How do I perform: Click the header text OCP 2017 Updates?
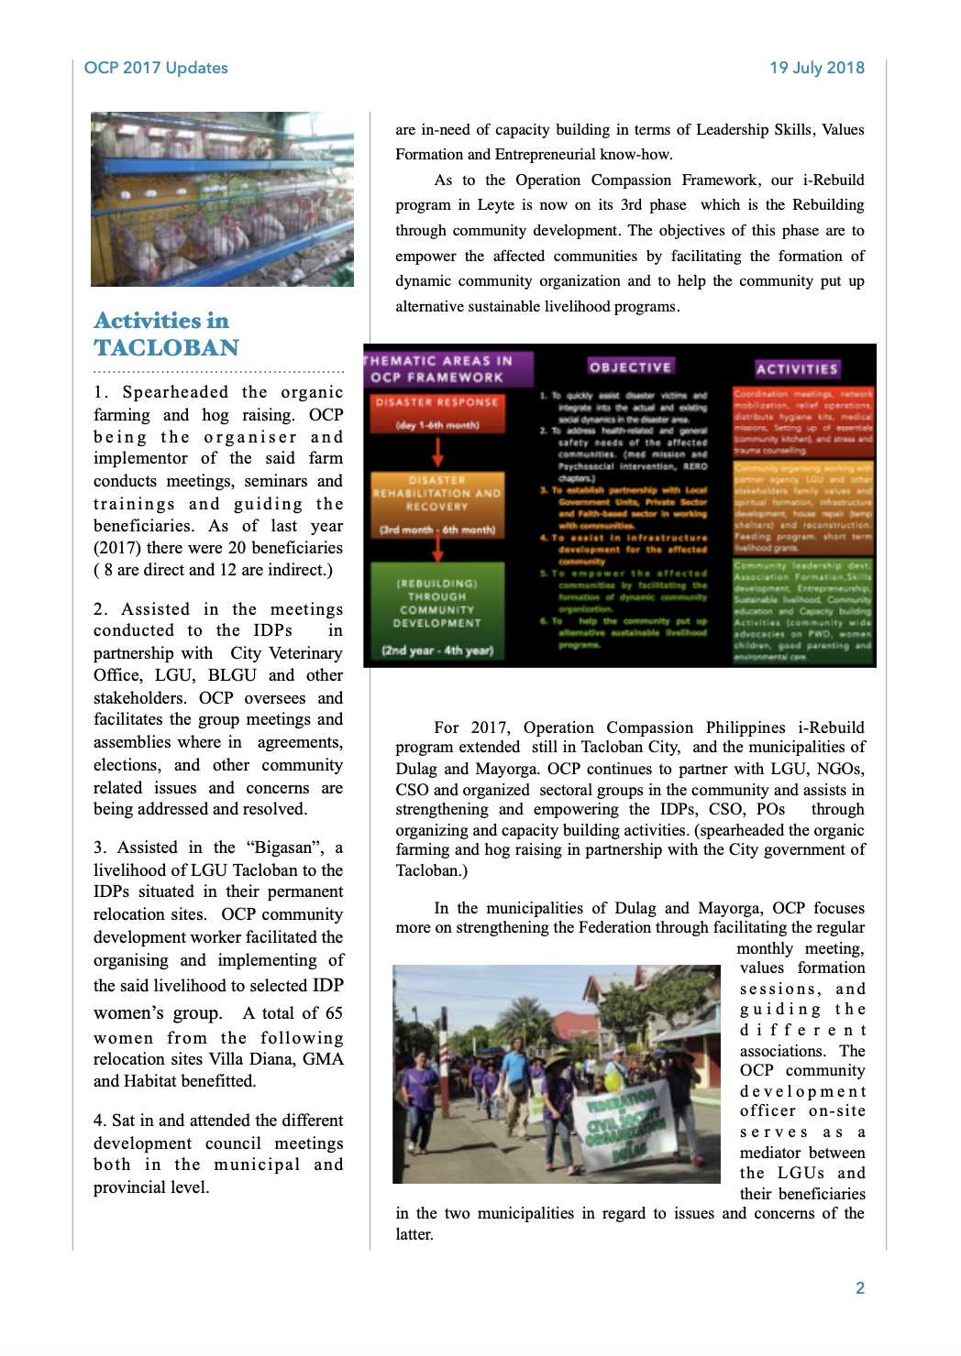point(156,68)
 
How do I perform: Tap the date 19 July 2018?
point(816,68)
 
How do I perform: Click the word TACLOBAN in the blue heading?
point(166,348)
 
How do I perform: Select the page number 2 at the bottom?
point(860,1287)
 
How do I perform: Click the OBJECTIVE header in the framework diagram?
point(630,367)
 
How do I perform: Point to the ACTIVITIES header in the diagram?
point(796,369)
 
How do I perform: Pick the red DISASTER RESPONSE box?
point(436,412)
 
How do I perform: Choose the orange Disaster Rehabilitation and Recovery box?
point(437,504)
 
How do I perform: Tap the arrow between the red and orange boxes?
point(437,452)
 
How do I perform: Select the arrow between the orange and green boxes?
point(437,549)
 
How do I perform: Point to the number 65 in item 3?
point(334,1013)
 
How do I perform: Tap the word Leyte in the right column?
point(495,205)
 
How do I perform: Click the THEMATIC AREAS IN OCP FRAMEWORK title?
point(438,368)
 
